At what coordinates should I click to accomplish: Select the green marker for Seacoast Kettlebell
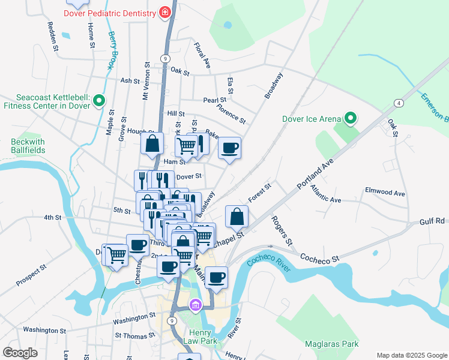[x=100, y=101]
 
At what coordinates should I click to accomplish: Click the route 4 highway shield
[x=398, y=104]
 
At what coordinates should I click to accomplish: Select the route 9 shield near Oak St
[x=164, y=58]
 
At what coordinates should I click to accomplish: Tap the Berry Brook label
[x=112, y=51]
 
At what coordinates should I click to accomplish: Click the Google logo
[x=20, y=353]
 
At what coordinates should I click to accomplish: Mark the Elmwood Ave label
[x=385, y=193]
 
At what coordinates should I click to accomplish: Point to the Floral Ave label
[x=202, y=54]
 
